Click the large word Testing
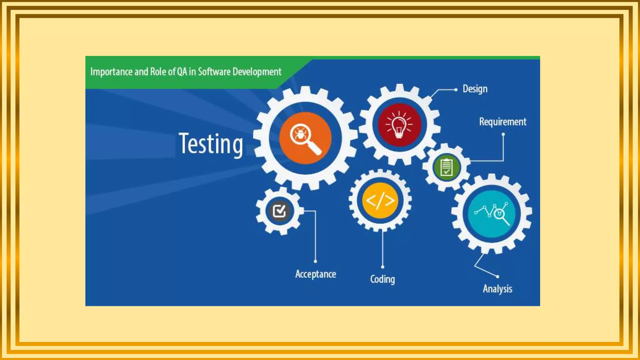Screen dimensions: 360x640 (x=211, y=144)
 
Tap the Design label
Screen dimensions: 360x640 (x=475, y=89)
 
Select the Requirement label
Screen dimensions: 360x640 (x=502, y=122)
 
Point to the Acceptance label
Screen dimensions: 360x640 (x=316, y=274)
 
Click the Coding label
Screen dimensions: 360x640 (x=382, y=279)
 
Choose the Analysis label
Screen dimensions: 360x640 (x=497, y=289)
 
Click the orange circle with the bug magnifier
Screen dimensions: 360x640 (x=305, y=138)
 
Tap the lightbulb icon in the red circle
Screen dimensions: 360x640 (x=399, y=125)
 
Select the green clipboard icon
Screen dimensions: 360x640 (x=447, y=167)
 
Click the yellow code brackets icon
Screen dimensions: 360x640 (x=380, y=201)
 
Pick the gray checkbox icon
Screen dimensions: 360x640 (x=279, y=211)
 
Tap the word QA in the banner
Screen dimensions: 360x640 (x=182, y=72)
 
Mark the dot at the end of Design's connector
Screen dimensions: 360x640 (x=456, y=90)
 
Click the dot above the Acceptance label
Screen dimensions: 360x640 (x=315, y=261)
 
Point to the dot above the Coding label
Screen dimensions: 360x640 (x=382, y=267)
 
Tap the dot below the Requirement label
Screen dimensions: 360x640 (x=503, y=134)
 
